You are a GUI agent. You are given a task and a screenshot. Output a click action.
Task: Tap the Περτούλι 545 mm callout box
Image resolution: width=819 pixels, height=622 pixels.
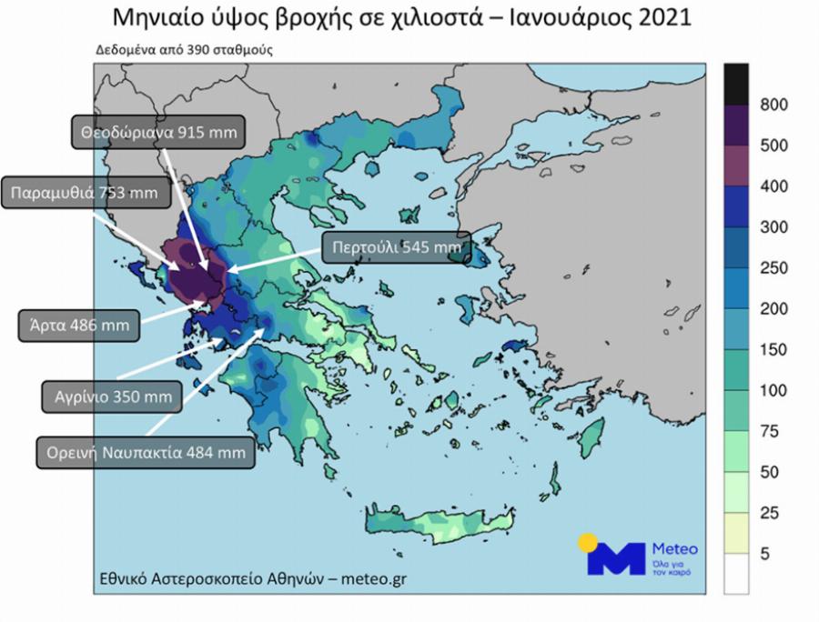[x=391, y=246]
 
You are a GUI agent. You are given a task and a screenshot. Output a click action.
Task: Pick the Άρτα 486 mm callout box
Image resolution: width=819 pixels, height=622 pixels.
[x=79, y=325]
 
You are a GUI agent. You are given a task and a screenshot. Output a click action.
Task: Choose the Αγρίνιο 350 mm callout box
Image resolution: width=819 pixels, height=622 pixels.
[x=112, y=396]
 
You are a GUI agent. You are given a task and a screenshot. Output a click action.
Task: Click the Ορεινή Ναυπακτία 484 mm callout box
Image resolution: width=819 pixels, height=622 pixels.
[x=146, y=451]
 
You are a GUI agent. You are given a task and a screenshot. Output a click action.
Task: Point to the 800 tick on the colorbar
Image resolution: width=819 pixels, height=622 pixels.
[x=773, y=105]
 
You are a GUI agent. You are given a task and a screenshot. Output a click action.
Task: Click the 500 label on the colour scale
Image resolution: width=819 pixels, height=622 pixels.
[x=773, y=145]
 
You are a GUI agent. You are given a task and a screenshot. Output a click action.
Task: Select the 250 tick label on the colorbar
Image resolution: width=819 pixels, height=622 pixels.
[x=773, y=268]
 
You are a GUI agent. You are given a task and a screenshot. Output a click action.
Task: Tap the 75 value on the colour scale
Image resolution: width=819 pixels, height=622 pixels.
[x=769, y=432]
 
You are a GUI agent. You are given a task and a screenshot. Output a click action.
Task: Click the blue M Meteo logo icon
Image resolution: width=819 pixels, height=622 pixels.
[x=615, y=557]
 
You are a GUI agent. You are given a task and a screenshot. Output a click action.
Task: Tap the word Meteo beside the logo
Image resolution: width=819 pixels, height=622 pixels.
[x=675, y=549]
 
